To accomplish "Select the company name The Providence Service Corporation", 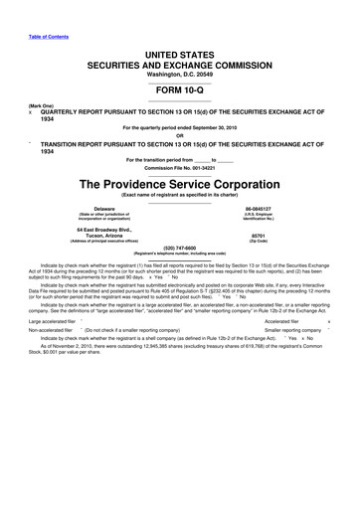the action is coord(180,184).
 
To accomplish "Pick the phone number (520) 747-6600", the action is coord(180,251).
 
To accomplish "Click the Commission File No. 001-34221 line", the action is coord(180,167).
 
